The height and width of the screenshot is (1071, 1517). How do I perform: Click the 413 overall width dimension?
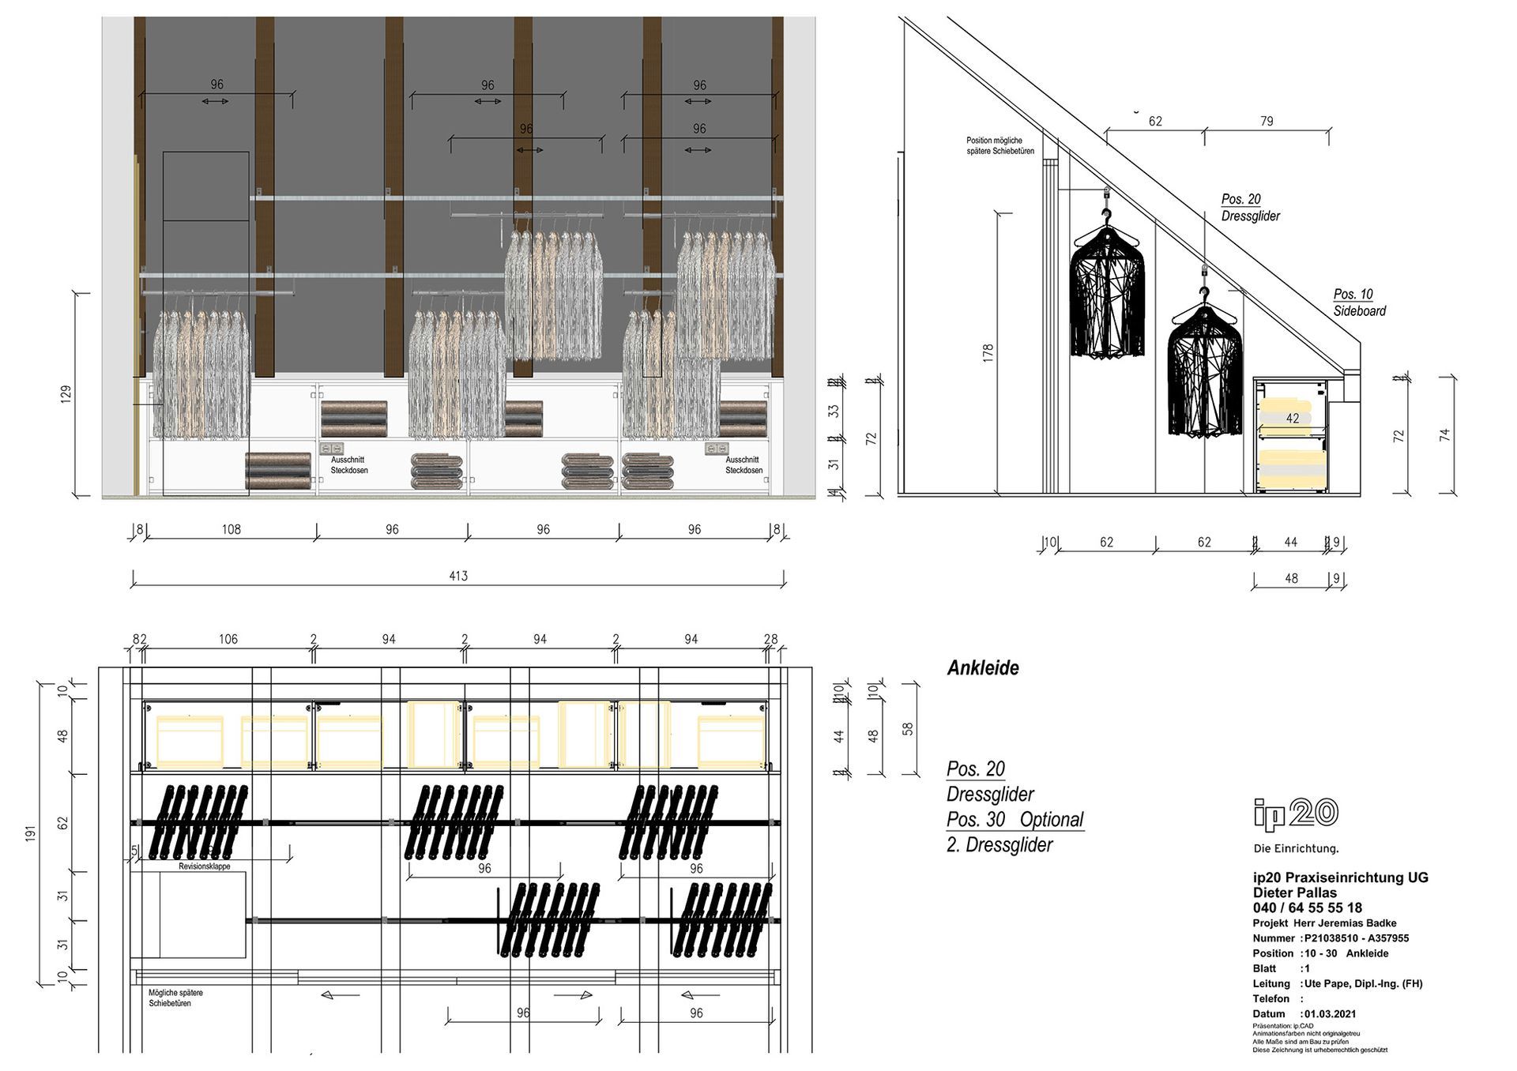pos(458,576)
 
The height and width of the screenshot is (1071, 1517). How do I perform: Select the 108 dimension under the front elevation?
pos(231,529)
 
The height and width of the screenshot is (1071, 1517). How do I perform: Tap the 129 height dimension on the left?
pos(66,394)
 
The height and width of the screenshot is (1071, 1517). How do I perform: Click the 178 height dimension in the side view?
pos(988,353)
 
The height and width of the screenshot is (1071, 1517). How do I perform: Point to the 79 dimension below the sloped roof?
pos(1267,121)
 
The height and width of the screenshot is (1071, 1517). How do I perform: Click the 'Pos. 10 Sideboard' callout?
pos(1359,303)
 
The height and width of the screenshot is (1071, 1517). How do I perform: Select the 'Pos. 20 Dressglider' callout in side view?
pos(1250,208)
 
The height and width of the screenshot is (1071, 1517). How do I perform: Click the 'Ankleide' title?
pos(983,668)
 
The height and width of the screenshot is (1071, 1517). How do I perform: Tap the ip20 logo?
pos(1296,814)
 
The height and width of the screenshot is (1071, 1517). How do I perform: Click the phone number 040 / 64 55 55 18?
pos(1307,908)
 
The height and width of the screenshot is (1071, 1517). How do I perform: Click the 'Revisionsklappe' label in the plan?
pos(205,866)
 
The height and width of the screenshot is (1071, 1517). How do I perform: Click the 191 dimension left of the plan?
pos(31,832)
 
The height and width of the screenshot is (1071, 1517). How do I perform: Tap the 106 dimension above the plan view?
pos(228,639)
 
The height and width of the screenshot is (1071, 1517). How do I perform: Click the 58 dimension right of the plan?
pos(908,729)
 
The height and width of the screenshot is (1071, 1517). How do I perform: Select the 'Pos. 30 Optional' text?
pos(1014,819)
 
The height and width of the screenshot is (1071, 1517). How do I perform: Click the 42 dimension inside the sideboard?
pos(1292,419)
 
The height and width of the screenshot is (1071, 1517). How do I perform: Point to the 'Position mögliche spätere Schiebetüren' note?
pos(999,145)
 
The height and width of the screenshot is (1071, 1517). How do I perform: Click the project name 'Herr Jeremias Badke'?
pos(1345,923)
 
